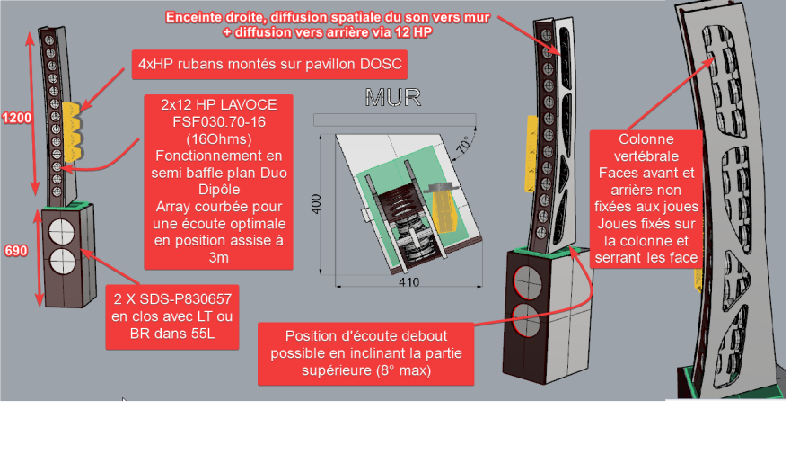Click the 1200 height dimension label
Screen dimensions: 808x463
click(17, 118)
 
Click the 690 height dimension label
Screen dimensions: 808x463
click(16, 251)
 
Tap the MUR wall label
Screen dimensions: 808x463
click(392, 98)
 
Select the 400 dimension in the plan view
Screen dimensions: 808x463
click(316, 204)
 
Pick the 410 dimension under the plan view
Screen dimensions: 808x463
click(408, 282)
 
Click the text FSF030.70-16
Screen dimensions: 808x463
click(219, 121)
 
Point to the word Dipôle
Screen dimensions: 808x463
click(219, 190)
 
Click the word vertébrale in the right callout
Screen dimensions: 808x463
click(646, 156)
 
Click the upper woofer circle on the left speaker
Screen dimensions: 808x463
click(61, 232)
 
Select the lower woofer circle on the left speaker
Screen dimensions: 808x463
click(62, 262)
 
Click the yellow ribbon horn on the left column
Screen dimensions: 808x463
click(72, 131)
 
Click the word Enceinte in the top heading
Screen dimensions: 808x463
click(194, 18)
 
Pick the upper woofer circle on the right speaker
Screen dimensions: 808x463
click(528, 283)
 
